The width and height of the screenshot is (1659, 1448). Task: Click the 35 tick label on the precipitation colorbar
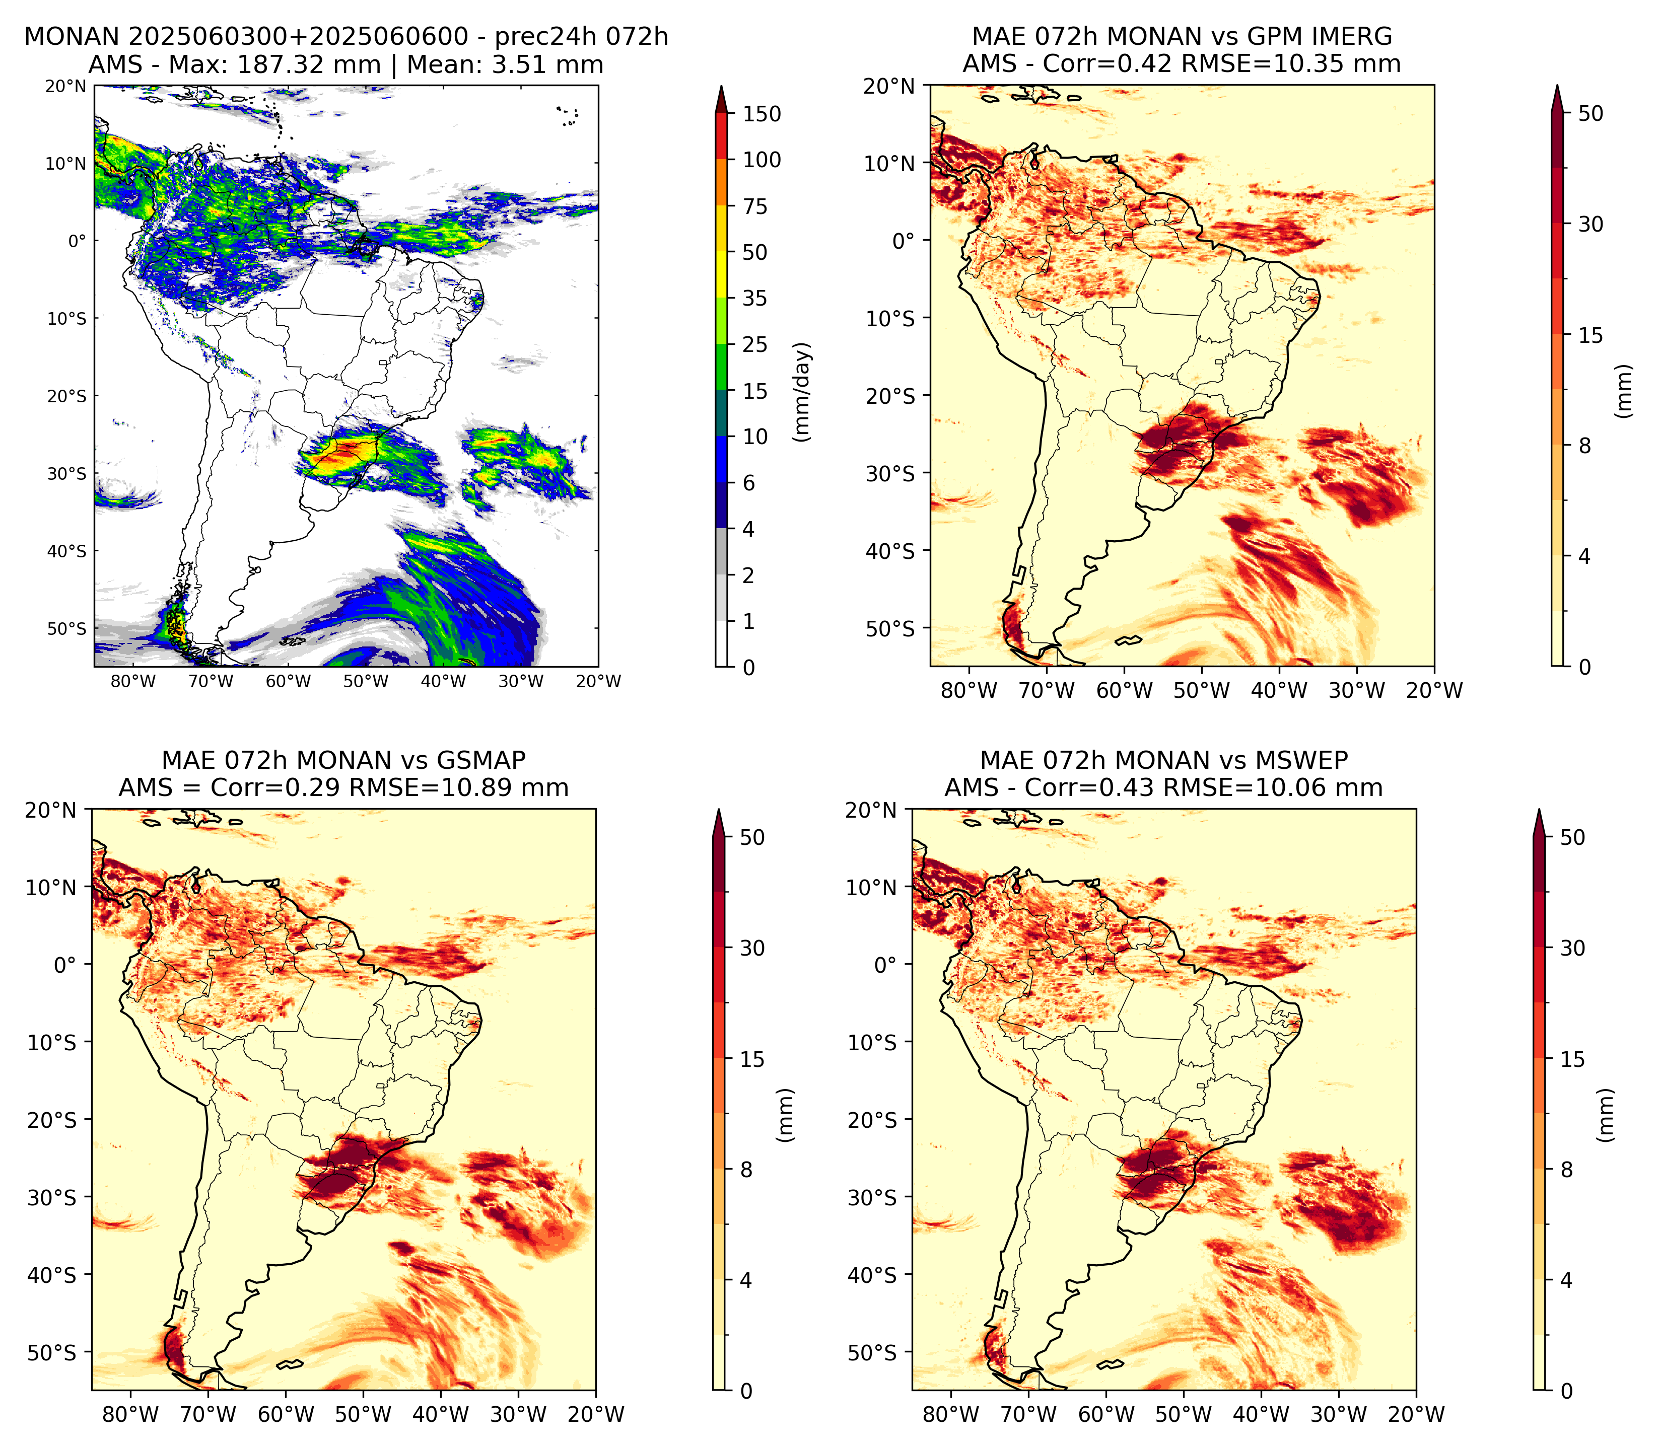[x=755, y=298]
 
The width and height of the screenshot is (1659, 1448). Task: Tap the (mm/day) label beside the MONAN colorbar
[x=802, y=392]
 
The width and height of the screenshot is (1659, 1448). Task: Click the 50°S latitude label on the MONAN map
[x=66, y=629]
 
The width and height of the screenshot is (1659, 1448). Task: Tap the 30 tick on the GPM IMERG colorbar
[x=1591, y=225]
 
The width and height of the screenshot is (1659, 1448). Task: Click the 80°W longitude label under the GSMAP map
[x=131, y=1415]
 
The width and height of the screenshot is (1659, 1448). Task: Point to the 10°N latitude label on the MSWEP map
[x=871, y=887]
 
